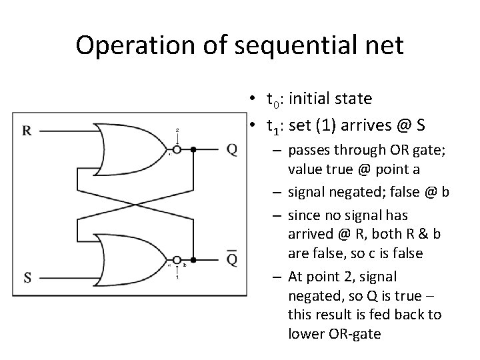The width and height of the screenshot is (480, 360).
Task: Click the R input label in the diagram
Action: [27, 131]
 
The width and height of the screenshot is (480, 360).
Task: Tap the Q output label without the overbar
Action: [231, 149]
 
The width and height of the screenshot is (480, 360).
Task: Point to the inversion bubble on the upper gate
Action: [177, 150]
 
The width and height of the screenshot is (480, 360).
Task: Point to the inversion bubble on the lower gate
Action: [177, 260]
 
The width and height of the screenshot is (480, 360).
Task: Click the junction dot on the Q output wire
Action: [193, 150]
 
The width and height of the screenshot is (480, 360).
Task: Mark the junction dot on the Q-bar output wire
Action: [193, 260]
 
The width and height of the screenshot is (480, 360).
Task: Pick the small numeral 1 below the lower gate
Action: [177, 277]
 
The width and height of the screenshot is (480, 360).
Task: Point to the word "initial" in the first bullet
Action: [311, 99]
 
